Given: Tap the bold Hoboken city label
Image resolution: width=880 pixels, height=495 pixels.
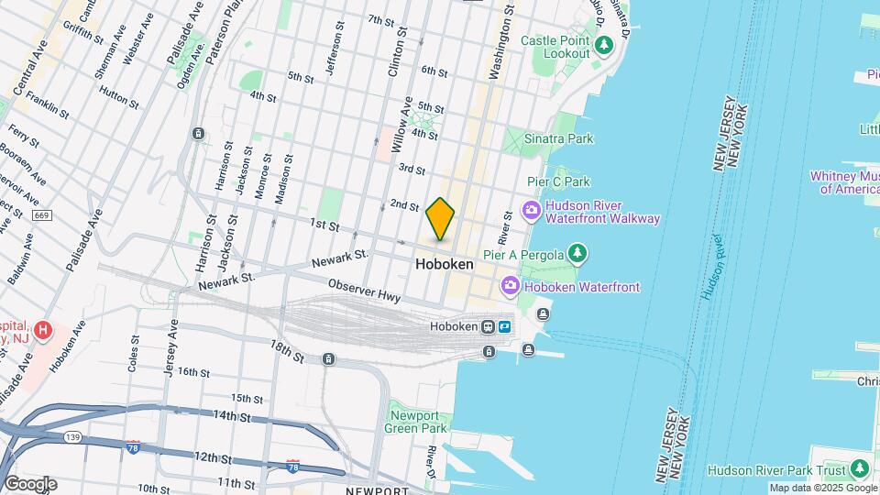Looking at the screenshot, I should click(x=445, y=264).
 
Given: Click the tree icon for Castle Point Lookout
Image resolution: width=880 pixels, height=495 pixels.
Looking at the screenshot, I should click(x=603, y=45).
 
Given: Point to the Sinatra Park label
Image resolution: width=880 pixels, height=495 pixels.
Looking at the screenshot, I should click(x=558, y=138).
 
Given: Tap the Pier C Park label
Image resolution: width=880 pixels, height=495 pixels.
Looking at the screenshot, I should click(x=558, y=182).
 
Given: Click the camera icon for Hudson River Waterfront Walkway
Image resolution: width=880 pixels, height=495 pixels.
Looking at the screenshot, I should click(x=531, y=212).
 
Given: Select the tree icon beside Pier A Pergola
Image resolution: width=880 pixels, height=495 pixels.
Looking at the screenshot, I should click(x=577, y=252).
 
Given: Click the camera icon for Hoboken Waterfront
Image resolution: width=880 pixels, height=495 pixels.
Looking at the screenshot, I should click(x=511, y=287).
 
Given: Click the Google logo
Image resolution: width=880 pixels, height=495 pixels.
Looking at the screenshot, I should click(x=30, y=483).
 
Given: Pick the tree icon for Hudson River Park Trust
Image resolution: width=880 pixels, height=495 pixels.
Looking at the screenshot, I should click(x=859, y=469).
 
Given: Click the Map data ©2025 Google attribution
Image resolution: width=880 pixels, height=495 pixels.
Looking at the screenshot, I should click(x=822, y=488).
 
